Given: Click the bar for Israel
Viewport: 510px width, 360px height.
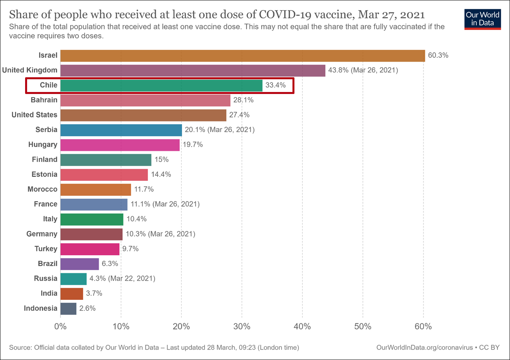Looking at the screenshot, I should point(243,56).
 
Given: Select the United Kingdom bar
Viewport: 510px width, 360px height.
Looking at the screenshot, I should point(193,70).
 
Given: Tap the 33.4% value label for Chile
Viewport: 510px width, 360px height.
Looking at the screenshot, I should point(275,85).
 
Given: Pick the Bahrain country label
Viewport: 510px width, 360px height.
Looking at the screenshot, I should point(44,100).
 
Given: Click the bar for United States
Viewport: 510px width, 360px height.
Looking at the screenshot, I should point(143,115).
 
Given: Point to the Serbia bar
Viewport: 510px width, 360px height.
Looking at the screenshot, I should point(121,130).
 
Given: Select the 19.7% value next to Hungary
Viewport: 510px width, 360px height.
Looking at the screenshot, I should point(193,145).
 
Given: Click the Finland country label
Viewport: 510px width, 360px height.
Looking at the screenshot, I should point(45,159).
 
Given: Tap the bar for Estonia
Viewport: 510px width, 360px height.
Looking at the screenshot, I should point(104,174).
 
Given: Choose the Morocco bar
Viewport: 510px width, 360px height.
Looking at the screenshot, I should point(96,189).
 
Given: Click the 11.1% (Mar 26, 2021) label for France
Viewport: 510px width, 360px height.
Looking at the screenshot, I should point(165,204).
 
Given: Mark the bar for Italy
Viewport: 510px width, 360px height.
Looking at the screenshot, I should point(92,219).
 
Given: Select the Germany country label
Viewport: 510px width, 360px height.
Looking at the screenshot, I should point(42,234).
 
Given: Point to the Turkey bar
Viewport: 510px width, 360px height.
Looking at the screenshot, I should point(90,249).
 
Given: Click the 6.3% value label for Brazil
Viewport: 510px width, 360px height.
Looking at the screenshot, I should point(110,264).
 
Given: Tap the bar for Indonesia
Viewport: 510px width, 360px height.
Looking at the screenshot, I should point(68,308).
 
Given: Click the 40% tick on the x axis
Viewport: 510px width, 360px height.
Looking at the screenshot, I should point(302,327).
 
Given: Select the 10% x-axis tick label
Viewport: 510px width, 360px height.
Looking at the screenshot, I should point(121,327).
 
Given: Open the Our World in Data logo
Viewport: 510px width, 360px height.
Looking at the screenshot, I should point(483,19).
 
